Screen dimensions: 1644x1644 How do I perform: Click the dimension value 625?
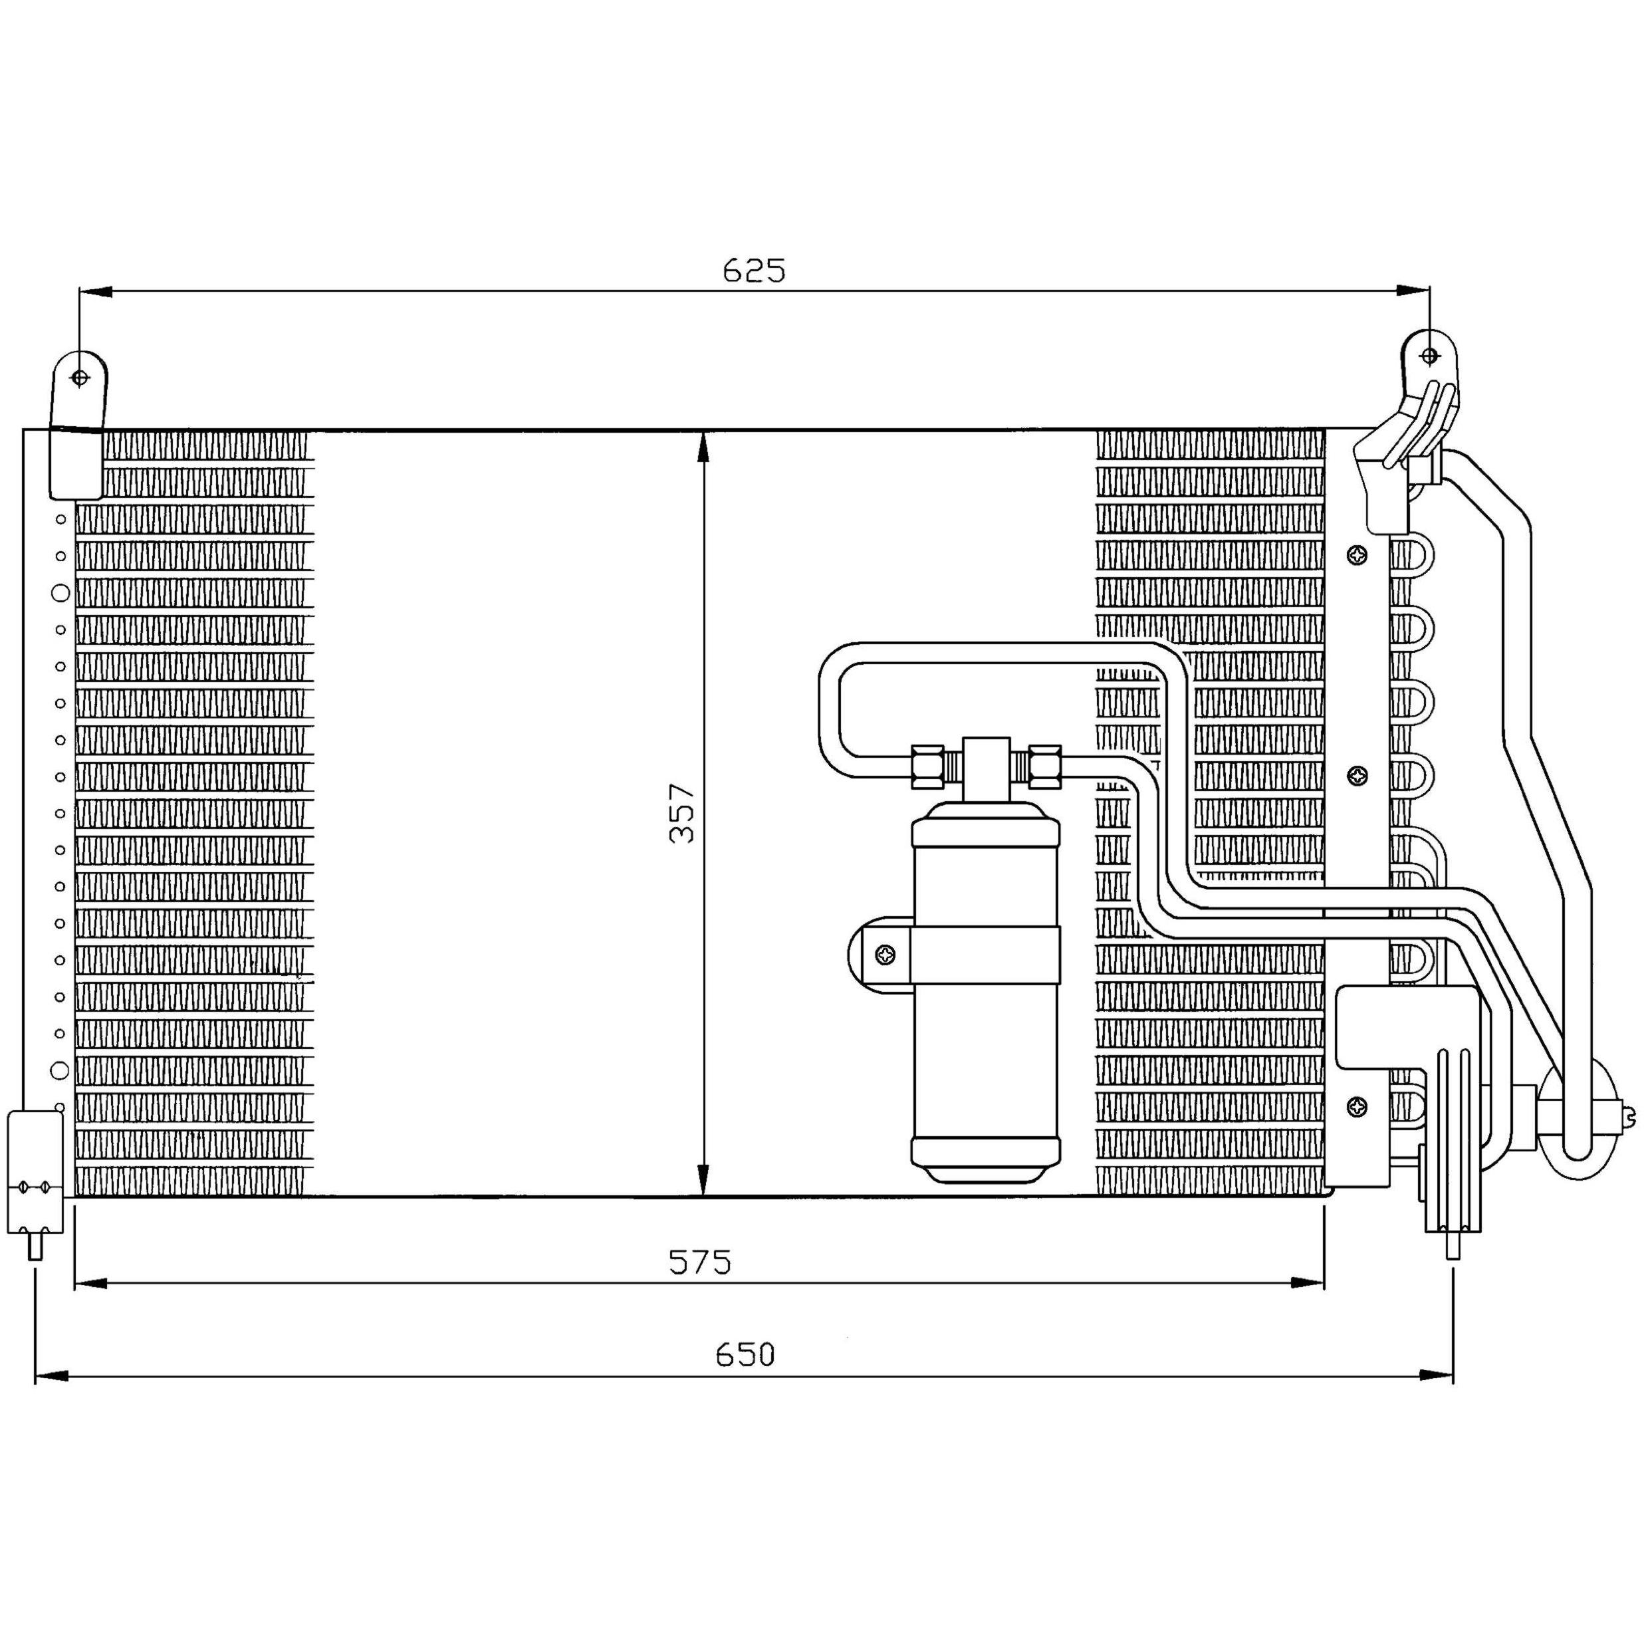coord(754,270)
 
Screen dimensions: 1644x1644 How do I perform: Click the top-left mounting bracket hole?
coord(80,378)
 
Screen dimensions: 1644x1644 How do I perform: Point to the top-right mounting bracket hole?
coord(1429,356)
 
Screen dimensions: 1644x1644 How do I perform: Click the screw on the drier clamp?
coord(886,955)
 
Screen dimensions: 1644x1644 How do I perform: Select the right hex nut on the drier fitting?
coord(1044,765)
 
